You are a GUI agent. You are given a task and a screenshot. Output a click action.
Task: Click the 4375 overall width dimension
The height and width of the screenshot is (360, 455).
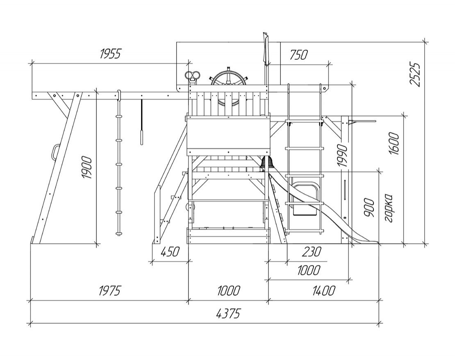[228, 314]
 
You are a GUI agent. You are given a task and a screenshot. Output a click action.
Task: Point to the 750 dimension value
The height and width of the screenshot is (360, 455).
[298, 54]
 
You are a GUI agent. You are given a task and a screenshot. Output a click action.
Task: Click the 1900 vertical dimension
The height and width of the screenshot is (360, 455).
[87, 168]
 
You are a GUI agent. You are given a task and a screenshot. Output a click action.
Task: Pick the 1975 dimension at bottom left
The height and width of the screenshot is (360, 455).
[110, 291]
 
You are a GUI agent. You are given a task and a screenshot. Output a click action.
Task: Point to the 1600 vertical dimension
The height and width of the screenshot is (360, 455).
[394, 143]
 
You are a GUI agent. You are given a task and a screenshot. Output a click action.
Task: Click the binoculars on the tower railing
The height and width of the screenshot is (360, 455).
[192, 76]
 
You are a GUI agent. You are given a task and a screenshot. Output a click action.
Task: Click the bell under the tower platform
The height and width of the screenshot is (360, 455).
[267, 163]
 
